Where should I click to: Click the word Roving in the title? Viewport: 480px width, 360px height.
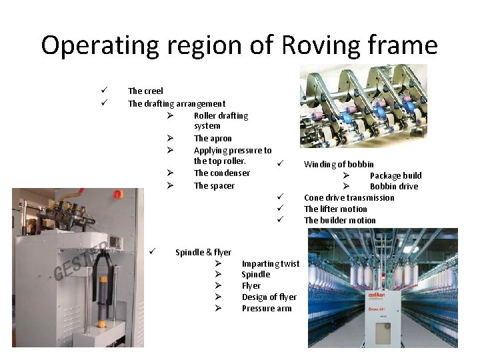tap(321, 45)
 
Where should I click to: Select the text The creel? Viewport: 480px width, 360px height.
tap(145, 91)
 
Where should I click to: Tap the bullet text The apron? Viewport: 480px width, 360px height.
tap(213, 139)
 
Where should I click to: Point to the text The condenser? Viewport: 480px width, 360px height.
tap(222, 173)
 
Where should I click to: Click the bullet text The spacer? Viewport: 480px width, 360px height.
tap(214, 186)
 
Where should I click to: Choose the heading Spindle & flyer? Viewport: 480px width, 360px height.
tap(203, 252)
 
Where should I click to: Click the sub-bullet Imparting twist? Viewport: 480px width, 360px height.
tap(271, 264)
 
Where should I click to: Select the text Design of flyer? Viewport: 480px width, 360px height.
tap(269, 297)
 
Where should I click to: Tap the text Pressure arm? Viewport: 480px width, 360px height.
tap(267, 309)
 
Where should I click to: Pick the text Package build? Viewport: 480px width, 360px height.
tap(396, 176)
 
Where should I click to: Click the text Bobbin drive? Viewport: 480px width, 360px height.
tap(394, 187)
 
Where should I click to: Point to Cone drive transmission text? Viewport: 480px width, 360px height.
tap(349, 198)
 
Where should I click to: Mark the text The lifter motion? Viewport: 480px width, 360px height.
tap(335, 209)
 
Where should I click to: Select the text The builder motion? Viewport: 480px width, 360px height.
tap(340, 221)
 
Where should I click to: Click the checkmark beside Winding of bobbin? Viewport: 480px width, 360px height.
tap(281, 163)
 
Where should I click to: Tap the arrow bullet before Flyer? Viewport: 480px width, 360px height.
tap(218, 286)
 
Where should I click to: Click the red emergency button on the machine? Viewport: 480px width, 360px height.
tap(117, 194)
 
